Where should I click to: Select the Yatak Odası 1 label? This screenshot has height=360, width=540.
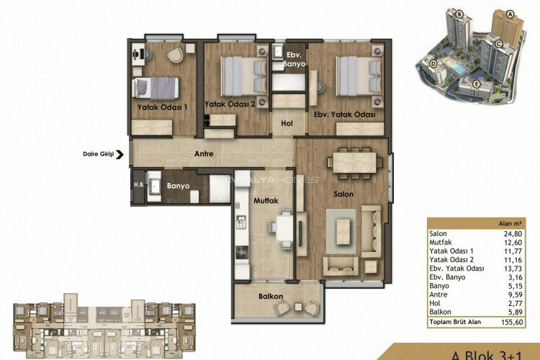(162, 107)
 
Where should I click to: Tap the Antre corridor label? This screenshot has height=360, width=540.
(207, 153)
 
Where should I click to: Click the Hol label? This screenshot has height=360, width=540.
(287, 124)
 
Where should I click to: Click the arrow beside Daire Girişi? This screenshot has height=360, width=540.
(124, 153)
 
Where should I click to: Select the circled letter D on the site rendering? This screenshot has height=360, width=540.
(433, 63)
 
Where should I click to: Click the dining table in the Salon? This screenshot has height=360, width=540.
(354, 163)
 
